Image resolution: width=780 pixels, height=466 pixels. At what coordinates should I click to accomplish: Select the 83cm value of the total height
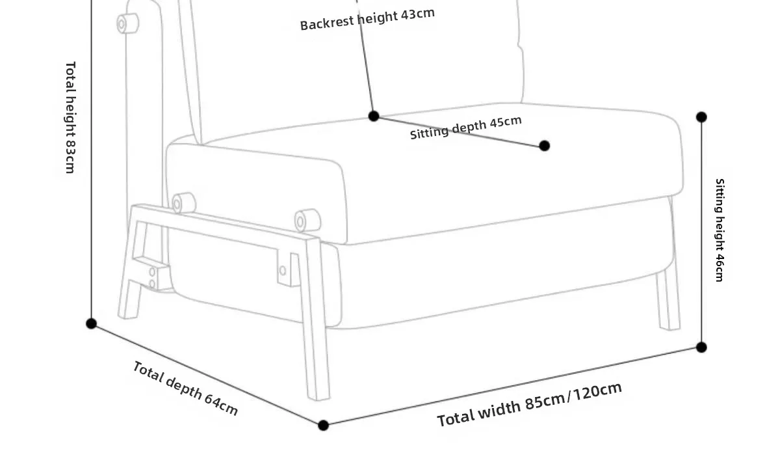click(70, 157)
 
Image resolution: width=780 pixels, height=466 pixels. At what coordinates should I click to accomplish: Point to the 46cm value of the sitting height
click(719, 266)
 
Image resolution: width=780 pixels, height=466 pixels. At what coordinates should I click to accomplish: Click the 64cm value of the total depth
click(221, 404)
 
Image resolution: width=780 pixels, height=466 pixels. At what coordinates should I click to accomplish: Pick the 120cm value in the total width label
click(597, 392)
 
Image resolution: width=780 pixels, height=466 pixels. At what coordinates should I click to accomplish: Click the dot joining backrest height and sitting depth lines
click(374, 116)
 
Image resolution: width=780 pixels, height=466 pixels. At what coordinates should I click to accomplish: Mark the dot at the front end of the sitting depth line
click(545, 146)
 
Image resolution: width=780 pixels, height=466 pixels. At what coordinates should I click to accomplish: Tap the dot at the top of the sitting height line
click(701, 117)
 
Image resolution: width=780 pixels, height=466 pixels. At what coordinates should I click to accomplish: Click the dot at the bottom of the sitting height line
click(701, 348)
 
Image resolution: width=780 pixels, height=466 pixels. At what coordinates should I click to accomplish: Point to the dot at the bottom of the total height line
click(92, 323)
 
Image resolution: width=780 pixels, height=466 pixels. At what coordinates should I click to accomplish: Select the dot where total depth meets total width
click(324, 426)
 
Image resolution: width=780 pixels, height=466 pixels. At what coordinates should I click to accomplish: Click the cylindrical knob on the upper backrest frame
click(127, 24)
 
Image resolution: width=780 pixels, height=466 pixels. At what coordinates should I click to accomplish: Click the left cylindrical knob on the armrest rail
click(183, 203)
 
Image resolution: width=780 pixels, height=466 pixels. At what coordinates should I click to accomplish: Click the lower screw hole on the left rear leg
click(152, 284)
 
